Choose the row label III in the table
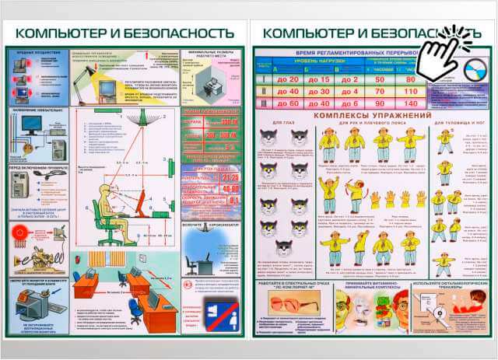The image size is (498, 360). click(x=263, y=103)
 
